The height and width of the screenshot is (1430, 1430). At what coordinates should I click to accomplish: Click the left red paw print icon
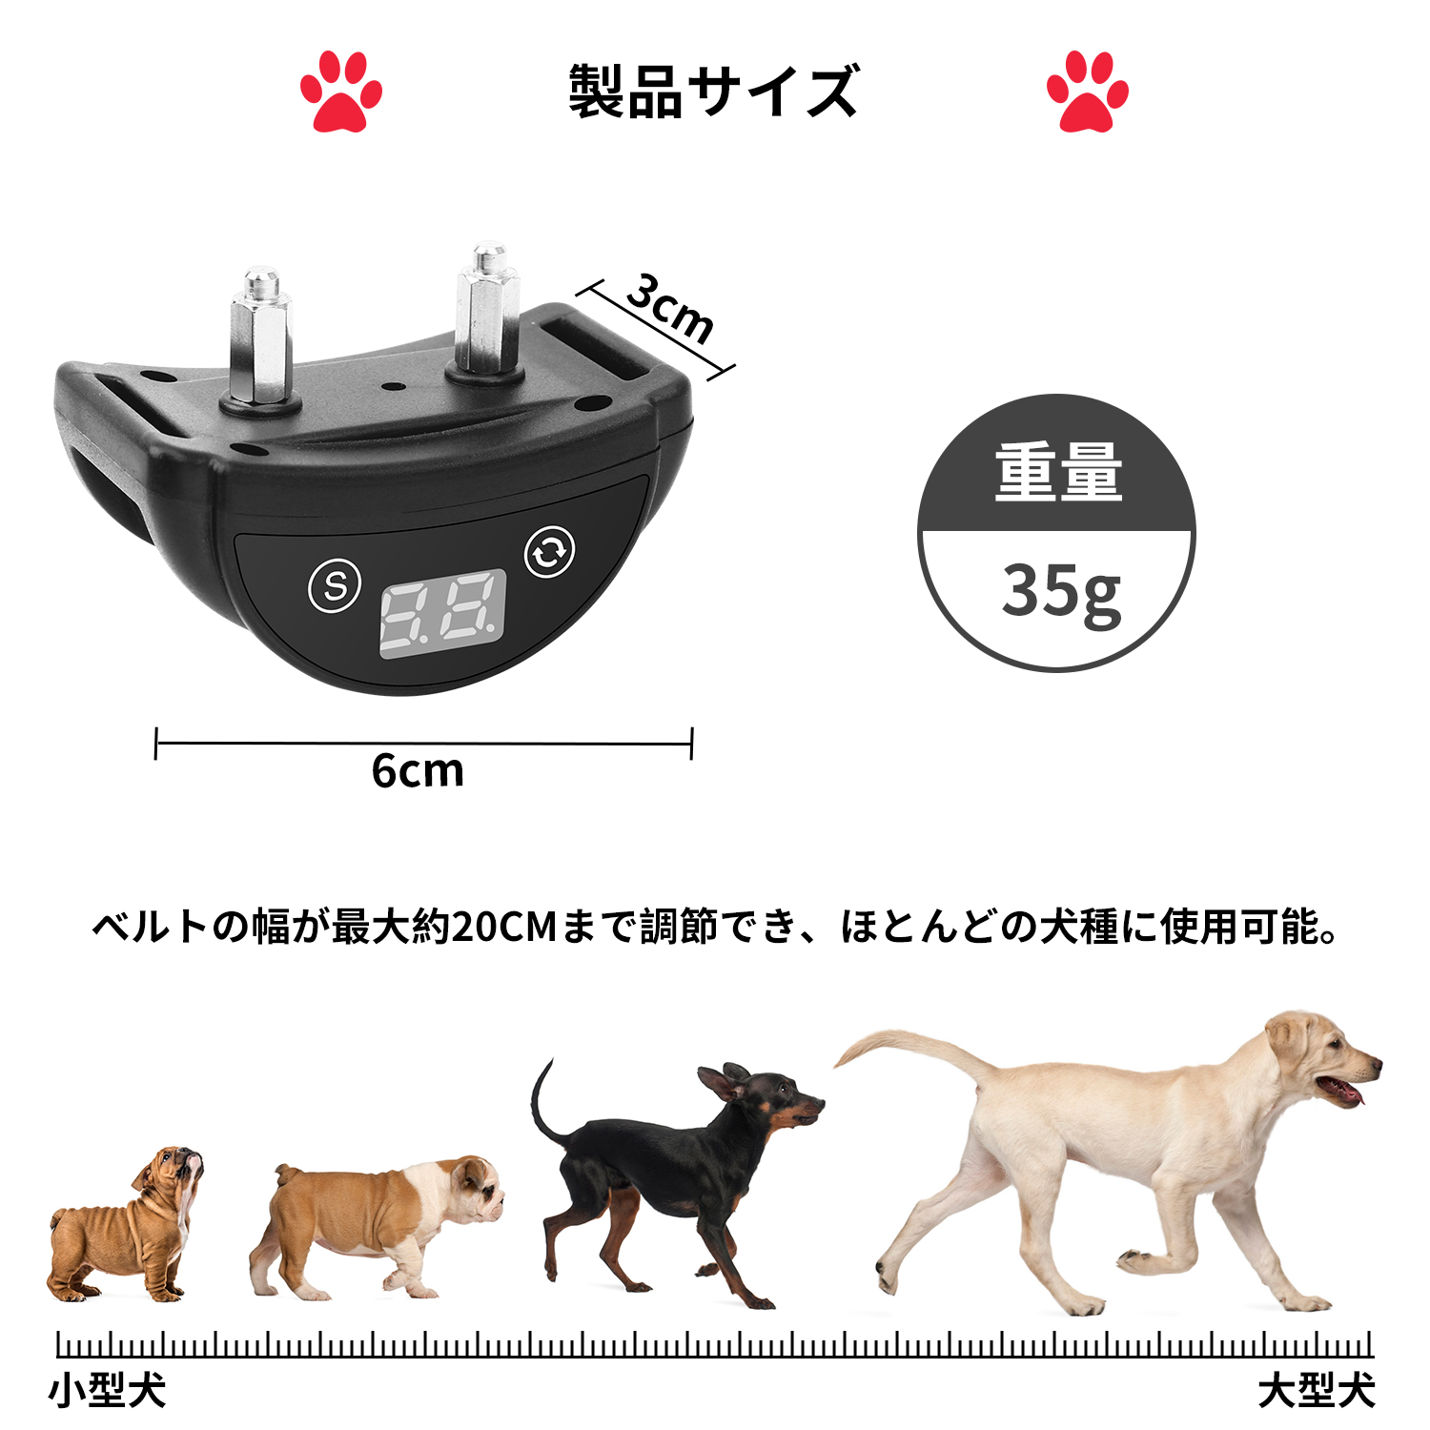[x=340, y=92]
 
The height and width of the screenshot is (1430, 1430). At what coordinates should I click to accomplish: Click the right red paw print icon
[x=1087, y=92]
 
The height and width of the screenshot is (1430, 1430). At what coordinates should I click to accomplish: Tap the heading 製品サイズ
[x=714, y=92]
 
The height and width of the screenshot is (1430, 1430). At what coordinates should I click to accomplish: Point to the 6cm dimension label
[x=418, y=770]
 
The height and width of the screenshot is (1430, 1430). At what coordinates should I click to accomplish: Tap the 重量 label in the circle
[x=1058, y=472]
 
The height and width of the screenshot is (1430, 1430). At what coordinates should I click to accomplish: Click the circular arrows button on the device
[x=550, y=551]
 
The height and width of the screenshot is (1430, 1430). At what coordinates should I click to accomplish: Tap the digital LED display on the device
[x=442, y=614]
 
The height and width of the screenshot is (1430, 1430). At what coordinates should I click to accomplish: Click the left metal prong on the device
[x=259, y=338]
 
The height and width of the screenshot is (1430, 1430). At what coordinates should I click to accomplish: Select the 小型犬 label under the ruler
[x=107, y=1391]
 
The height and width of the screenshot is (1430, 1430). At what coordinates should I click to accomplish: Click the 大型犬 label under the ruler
[x=1317, y=1391]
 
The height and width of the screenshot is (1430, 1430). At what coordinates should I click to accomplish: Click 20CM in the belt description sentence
[x=503, y=927]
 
